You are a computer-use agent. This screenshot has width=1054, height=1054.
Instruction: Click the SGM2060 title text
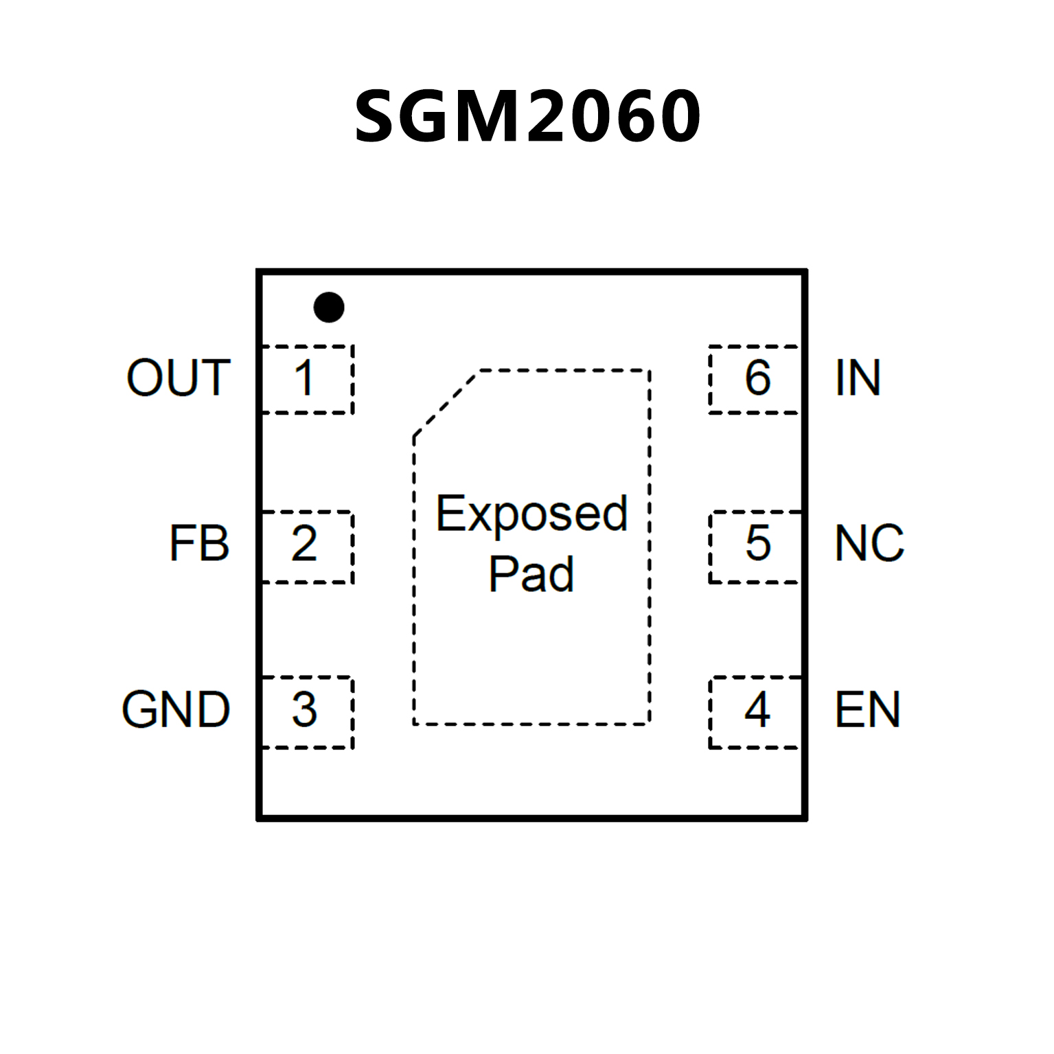click(527, 117)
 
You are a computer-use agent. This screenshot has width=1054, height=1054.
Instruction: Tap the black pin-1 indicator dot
click(329, 307)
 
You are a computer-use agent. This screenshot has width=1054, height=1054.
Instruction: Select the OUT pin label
click(179, 378)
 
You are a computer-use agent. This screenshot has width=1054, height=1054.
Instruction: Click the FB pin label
click(199, 544)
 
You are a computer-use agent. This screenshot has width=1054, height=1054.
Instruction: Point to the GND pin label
click(176, 709)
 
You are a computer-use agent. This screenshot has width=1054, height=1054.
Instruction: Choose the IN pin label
click(858, 378)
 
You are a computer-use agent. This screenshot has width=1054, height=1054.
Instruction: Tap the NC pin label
click(869, 544)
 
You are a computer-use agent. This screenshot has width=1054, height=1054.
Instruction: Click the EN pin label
click(867, 709)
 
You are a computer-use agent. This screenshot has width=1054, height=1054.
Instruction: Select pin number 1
click(304, 378)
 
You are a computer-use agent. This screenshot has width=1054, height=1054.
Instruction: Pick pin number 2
click(304, 544)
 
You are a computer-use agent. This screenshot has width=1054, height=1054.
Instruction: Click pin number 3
click(304, 709)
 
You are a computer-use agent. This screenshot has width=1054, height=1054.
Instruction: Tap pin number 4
click(757, 709)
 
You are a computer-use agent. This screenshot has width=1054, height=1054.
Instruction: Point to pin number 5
click(757, 544)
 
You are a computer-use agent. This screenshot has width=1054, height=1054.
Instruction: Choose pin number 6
click(757, 378)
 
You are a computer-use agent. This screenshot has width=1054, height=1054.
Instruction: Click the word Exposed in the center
click(532, 514)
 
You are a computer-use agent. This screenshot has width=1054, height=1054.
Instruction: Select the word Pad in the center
click(531, 574)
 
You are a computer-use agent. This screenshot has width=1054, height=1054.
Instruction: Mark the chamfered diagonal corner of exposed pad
click(446, 403)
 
